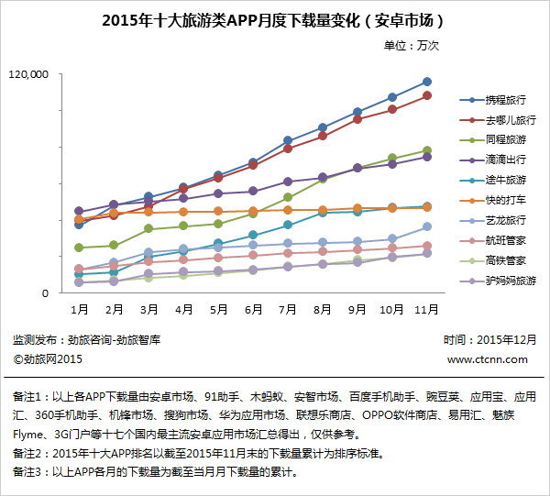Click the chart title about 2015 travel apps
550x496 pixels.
point(275,19)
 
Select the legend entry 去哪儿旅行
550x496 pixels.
point(511,120)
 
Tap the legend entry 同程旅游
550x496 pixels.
point(505,140)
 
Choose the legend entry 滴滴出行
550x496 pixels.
point(505,160)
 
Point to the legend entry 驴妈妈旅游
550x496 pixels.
point(511,281)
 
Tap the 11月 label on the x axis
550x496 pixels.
point(426,310)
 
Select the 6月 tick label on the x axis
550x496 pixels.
point(253,310)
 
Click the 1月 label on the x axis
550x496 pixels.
point(80,310)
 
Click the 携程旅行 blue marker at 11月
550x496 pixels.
point(426,82)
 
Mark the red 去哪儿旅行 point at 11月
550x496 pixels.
point(426,95)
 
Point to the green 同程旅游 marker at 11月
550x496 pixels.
point(426,149)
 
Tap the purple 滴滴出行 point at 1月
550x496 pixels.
point(80,211)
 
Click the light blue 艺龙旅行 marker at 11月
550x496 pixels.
point(426,226)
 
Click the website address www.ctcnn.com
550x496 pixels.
point(488,359)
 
